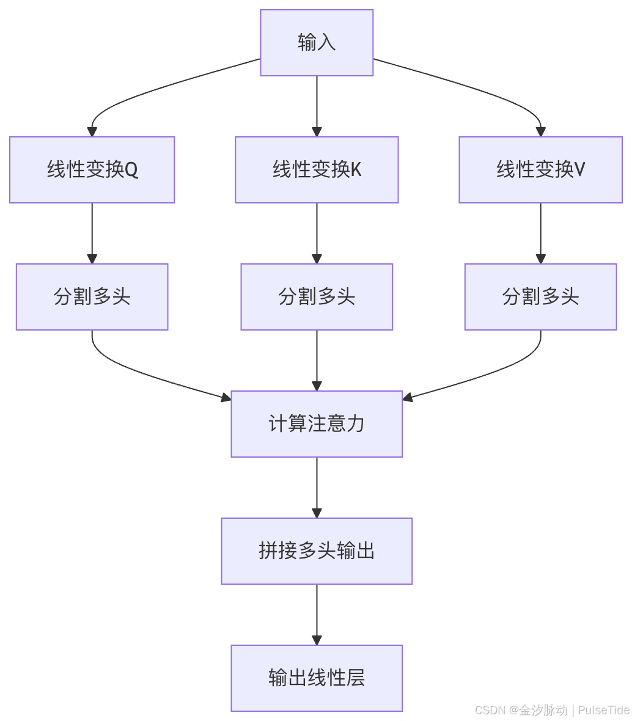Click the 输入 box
pyautogui.click(x=317, y=43)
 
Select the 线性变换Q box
pyautogui.click(x=92, y=170)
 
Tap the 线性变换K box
pyautogui.click(x=317, y=170)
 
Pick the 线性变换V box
pyautogui.click(x=540, y=170)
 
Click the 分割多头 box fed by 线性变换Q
pyautogui.click(x=92, y=297)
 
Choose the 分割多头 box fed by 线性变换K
pyautogui.click(x=317, y=297)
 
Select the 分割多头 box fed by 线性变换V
pyautogui.click(x=540, y=297)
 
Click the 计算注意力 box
pyautogui.click(x=317, y=424)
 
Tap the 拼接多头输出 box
pyautogui.click(x=317, y=551)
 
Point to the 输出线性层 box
pyautogui.click(x=317, y=678)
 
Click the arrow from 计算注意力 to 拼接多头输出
pyautogui.click(x=317, y=486)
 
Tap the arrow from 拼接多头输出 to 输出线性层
pyautogui.click(x=317, y=613)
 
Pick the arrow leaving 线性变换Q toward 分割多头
pyautogui.click(x=92, y=232)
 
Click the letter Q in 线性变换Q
pyautogui.click(x=131, y=170)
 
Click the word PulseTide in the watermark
pyautogui.click(x=603, y=710)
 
